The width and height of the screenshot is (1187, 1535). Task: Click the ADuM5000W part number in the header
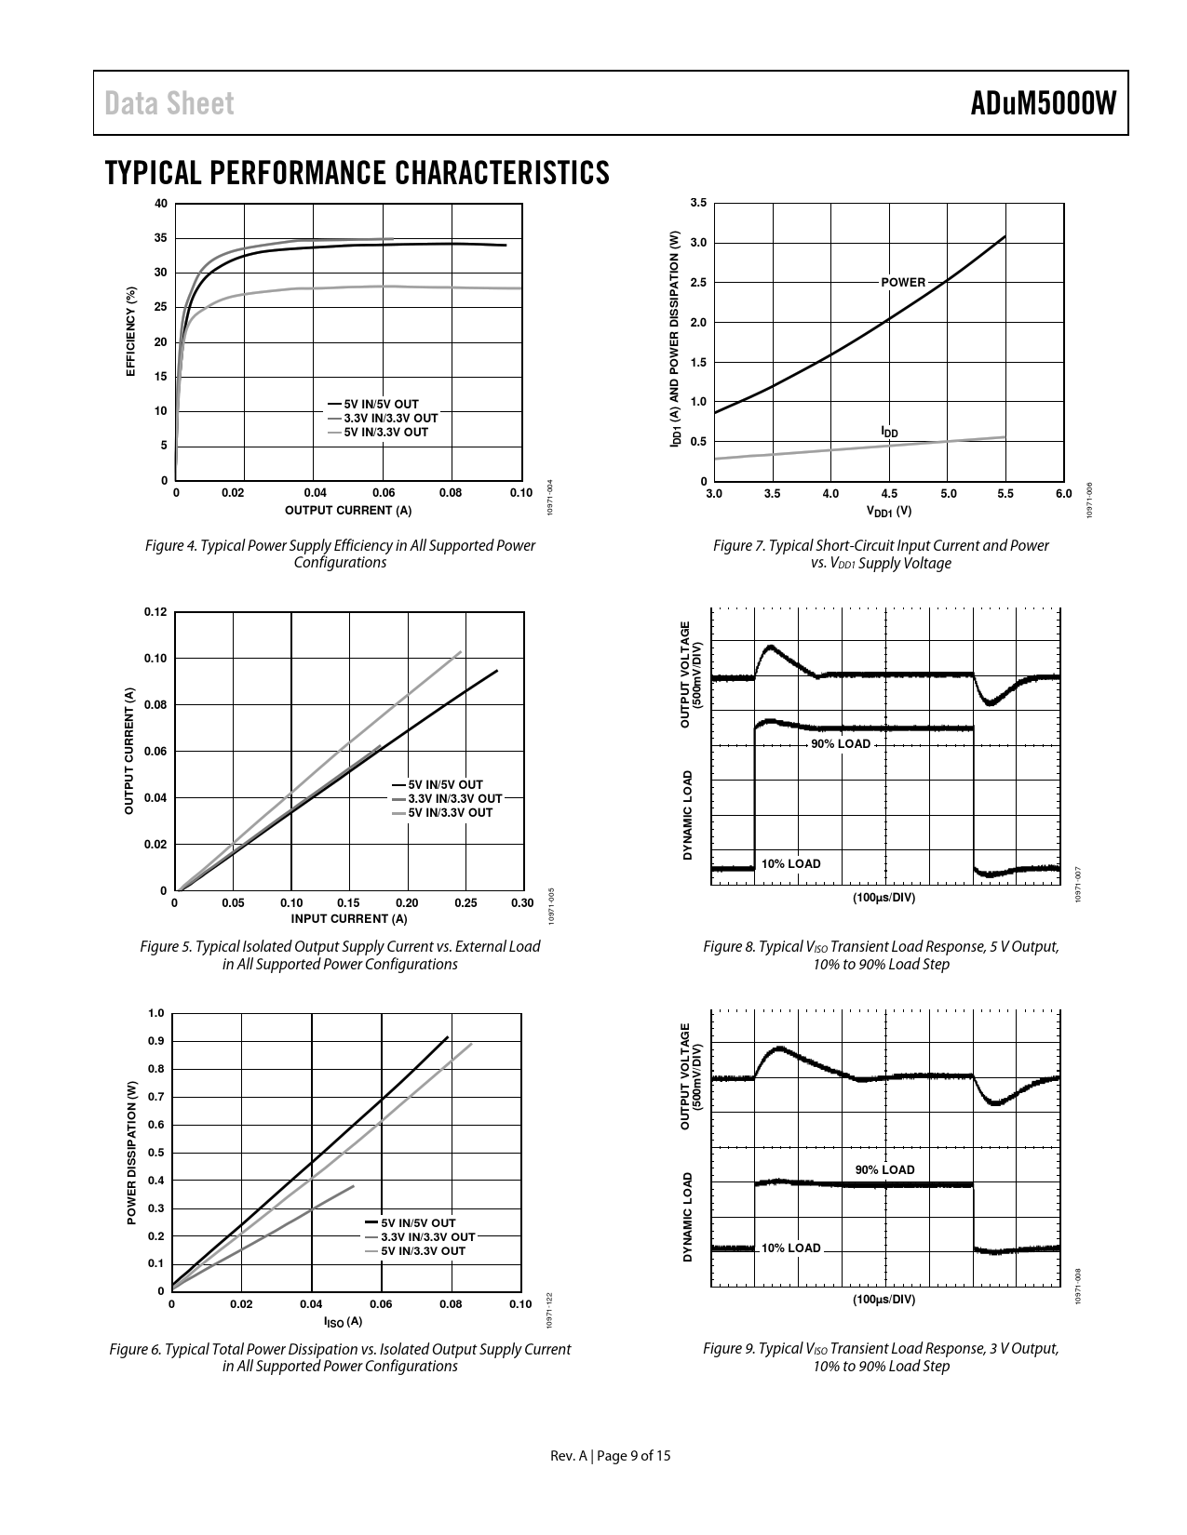coord(1043,103)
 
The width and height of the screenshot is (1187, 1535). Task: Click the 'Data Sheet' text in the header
coord(169,103)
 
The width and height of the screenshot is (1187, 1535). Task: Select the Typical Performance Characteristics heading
coord(357,173)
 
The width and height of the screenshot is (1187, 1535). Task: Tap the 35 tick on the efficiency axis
coord(161,238)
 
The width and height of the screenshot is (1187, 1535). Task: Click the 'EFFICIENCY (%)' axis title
coord(131,331)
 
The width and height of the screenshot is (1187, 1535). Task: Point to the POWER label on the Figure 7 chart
coord(903,282)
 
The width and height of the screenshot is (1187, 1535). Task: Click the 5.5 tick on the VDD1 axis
coord(1005,494)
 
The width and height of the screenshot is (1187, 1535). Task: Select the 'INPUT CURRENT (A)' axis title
coord(349,919)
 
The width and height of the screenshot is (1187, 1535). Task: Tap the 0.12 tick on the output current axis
coord(155,612)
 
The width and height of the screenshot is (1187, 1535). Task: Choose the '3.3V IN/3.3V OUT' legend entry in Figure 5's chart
coord(454,798)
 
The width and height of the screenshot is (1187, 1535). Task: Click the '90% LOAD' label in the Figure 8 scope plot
coord(840,744)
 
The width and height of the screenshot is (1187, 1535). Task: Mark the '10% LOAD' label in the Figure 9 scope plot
coord(791,1248)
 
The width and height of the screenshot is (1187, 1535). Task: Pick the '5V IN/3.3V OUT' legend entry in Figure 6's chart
coord(423,1251)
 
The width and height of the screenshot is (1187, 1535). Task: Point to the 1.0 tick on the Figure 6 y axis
coord(155,1013)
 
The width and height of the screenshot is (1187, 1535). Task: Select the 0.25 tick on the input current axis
coord(465,903)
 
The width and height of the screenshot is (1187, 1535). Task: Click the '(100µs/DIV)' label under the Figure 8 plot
coord(884,898)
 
